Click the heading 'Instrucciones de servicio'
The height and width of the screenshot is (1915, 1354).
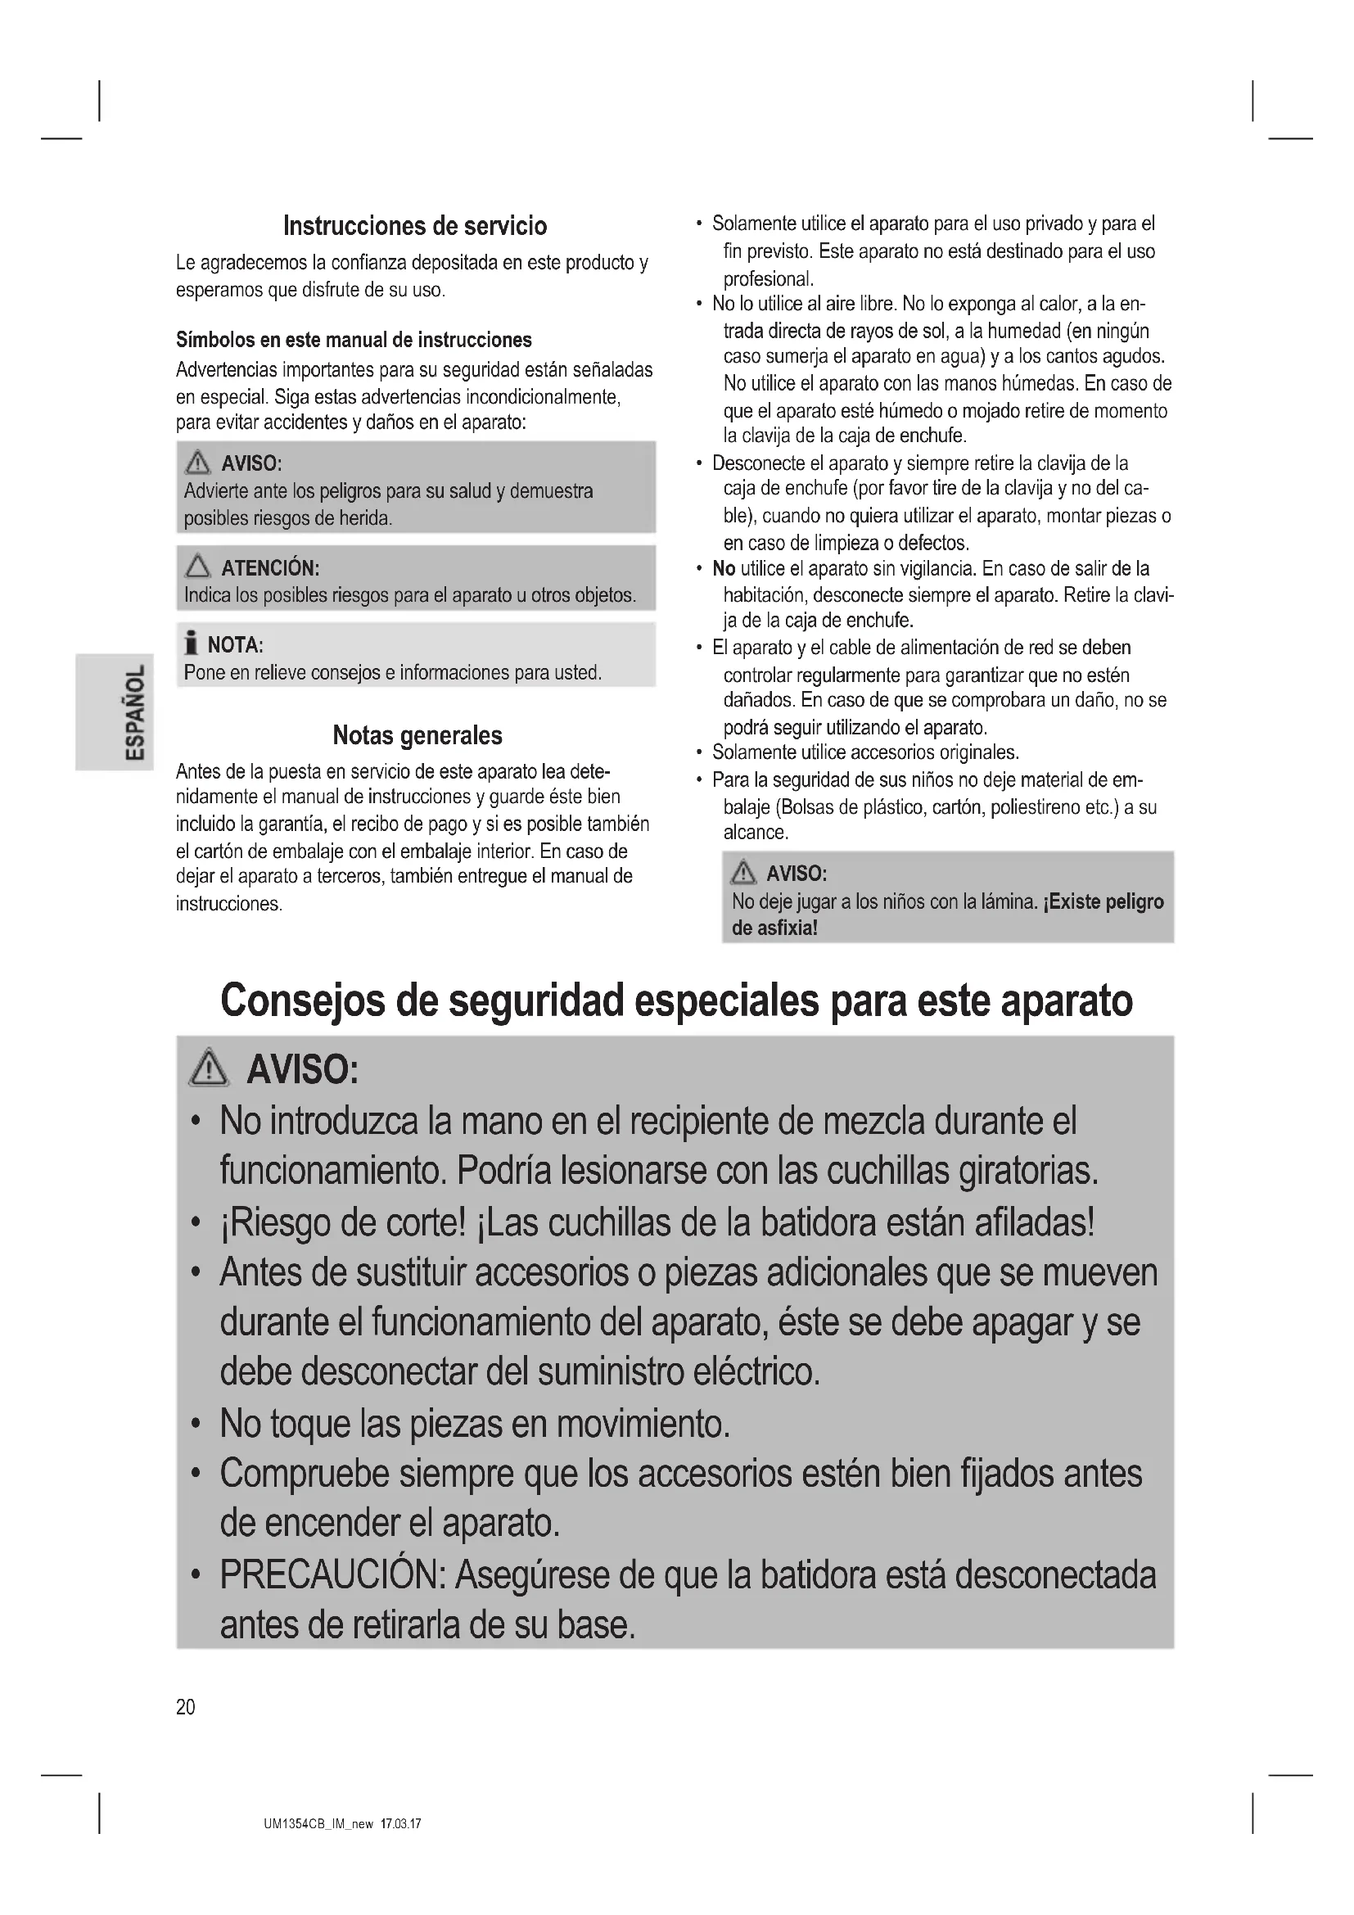coord(415,226)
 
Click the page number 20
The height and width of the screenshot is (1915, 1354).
coord(185,1706)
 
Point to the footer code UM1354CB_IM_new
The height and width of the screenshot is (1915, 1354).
coord(318,1824)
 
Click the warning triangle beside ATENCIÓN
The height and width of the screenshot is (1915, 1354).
coord(198,568)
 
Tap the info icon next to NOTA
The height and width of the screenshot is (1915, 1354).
coord(192,644)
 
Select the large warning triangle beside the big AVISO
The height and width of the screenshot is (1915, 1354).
coord(209,1068)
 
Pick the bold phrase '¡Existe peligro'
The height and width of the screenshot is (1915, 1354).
coord(1103,901)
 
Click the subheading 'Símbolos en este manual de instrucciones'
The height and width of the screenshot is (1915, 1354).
coord(354,341)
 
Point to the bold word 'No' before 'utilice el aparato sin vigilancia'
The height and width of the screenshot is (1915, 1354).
coord(723,569)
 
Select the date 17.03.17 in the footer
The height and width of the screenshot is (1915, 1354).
coord(400,1824)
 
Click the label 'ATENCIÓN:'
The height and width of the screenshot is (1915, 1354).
coord(270,568)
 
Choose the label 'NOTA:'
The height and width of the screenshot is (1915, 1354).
coord(235,644)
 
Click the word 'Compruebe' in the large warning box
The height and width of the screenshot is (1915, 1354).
coord(304,1474)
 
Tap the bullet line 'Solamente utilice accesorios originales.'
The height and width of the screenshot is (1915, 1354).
coord(864,752)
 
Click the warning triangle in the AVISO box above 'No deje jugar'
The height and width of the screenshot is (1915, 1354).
coord(742,874)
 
